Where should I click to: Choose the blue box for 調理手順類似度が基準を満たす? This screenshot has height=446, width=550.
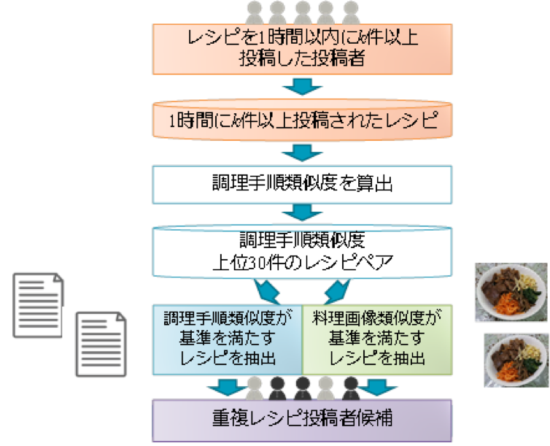coord(227,337)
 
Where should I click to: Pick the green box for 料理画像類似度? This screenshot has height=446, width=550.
coord(378,337)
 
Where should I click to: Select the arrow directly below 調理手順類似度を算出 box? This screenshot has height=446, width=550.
coord(301,213)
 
